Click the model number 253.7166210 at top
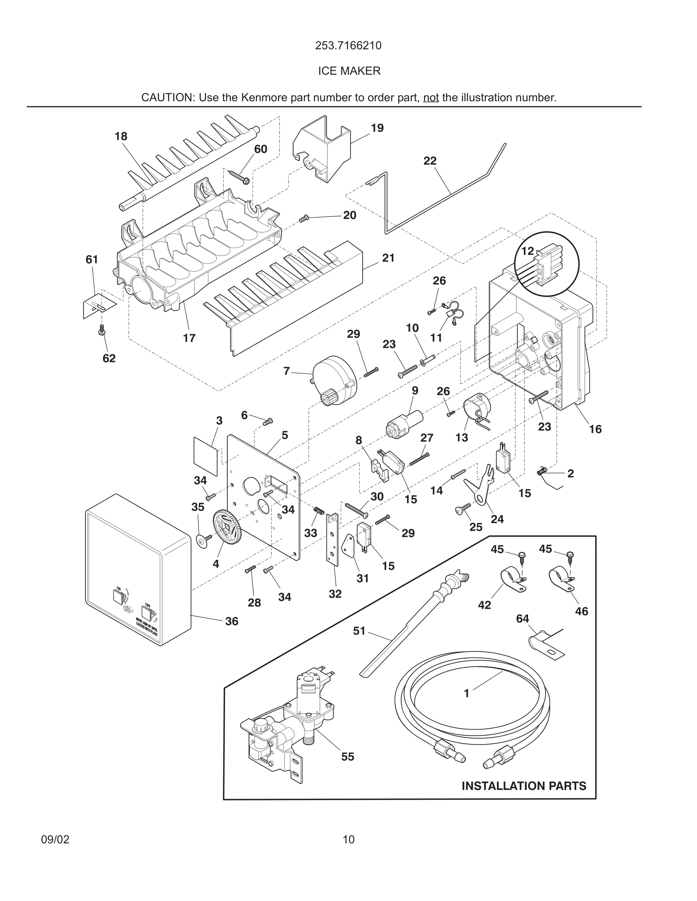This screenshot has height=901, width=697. [x=348, y=46]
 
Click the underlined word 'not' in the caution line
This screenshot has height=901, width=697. [x=430, y=98]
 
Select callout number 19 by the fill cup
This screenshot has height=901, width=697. [x=377, y=128]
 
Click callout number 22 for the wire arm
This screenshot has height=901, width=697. [x=430, y=160]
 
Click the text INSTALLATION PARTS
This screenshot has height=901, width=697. [x=524, y=786]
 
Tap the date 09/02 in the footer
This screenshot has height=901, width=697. [x=55, y=840]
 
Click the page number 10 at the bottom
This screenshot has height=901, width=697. [x=348, y=840]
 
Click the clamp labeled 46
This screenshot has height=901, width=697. [x=562, y=581]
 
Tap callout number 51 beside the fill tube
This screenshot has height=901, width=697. [x=359, y=631]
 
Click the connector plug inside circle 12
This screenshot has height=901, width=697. [x=545, y=266]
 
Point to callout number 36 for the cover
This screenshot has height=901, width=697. [x=232, y=621]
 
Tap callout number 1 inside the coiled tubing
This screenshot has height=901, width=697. [x=467, y=694]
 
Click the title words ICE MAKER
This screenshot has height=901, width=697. [x=349, y=71]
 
